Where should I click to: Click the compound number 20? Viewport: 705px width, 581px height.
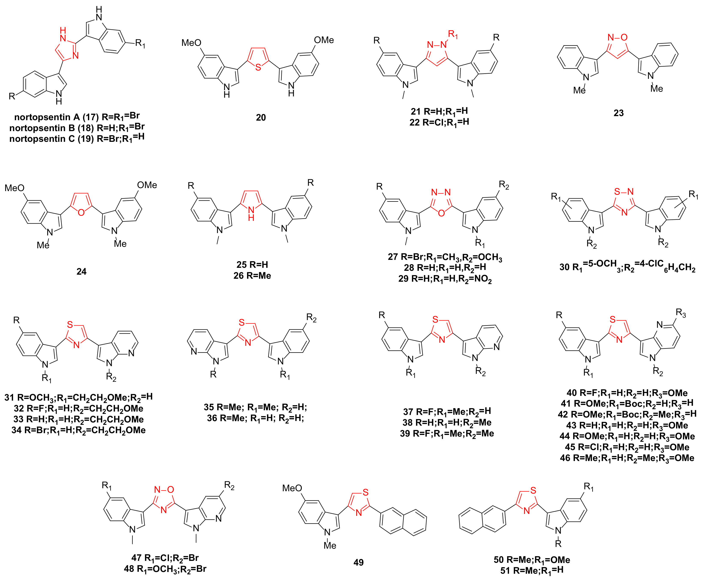click(x=261, y=117)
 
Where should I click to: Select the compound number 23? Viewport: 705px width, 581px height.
click(x=618, y=113)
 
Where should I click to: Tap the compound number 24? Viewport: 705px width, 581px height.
click(x=81, y=271)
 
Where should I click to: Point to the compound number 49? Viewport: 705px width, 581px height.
click(x=358, y=562)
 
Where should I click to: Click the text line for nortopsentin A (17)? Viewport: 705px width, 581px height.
click(x=77, y=117)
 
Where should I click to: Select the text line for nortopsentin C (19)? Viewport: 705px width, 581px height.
click(x=77, y=138)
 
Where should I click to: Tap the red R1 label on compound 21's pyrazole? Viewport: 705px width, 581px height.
click(x=453, y=34)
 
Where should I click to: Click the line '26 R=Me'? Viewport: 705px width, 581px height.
click(x=252, y=276)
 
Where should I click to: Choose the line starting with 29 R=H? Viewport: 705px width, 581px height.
click(x=445, y=279)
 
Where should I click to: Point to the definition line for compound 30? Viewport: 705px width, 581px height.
click(x=627, y=267)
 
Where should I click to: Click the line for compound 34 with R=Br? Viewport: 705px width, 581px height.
click(x=78, y=430)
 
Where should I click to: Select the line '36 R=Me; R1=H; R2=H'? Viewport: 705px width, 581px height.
click(x=255, y=418)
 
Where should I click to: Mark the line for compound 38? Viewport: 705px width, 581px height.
click(x=447, y=422)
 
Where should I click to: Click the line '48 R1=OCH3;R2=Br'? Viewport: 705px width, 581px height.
click(x=165, y=569)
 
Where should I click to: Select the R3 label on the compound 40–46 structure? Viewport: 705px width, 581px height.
click(x=681, y=313)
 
